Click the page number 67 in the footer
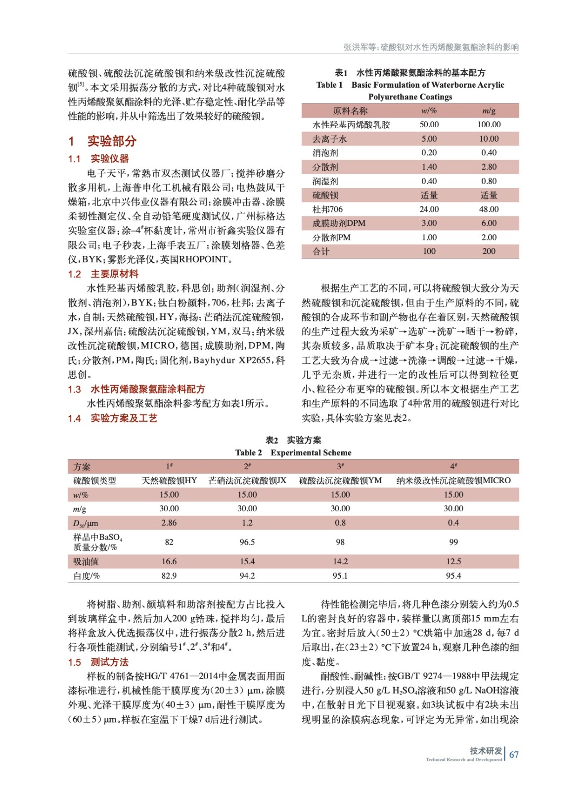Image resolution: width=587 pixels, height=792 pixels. pyautogui.click(x=514, y=754)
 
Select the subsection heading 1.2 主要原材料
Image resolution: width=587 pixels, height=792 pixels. pyautogui.click(x=103, y=274)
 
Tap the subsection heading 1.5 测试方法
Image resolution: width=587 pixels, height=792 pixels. pyautogui.click(x=98, y=662)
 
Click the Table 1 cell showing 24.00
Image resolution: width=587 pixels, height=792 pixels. pyautogui.click(x=429, y=209)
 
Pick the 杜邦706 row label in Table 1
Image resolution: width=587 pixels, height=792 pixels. pyautogui.click(x=327, y=209)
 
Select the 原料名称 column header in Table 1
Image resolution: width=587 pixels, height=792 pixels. pyautogui.click(x=350, y=111)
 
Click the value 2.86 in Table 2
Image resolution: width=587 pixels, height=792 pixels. pyautogui.click(x=169, y=523)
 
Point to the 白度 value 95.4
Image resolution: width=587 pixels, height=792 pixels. pyautogui.click(x=453, y=576)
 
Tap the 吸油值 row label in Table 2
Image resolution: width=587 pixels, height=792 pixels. pyautogui.click(x=86, y=561)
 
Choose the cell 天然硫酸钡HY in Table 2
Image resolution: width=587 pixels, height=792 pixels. pyautogui.click(x=169, y=480)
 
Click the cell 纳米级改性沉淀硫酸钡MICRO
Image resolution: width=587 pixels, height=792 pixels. pyautogui.click(x=453, y=480)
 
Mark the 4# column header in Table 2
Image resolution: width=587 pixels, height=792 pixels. pyautogui.click(x=453, y=466)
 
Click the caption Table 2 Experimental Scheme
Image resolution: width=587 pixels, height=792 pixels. pyautogui.click(x=293, y=452)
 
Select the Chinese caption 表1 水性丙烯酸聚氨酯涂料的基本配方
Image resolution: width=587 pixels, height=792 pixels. pyautogui.click(x=410, y=73)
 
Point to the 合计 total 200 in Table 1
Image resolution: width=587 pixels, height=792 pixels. pyautogui.click(x=489, y=251)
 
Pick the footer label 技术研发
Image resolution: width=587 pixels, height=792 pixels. pyautogui.click(x=486, y=750)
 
